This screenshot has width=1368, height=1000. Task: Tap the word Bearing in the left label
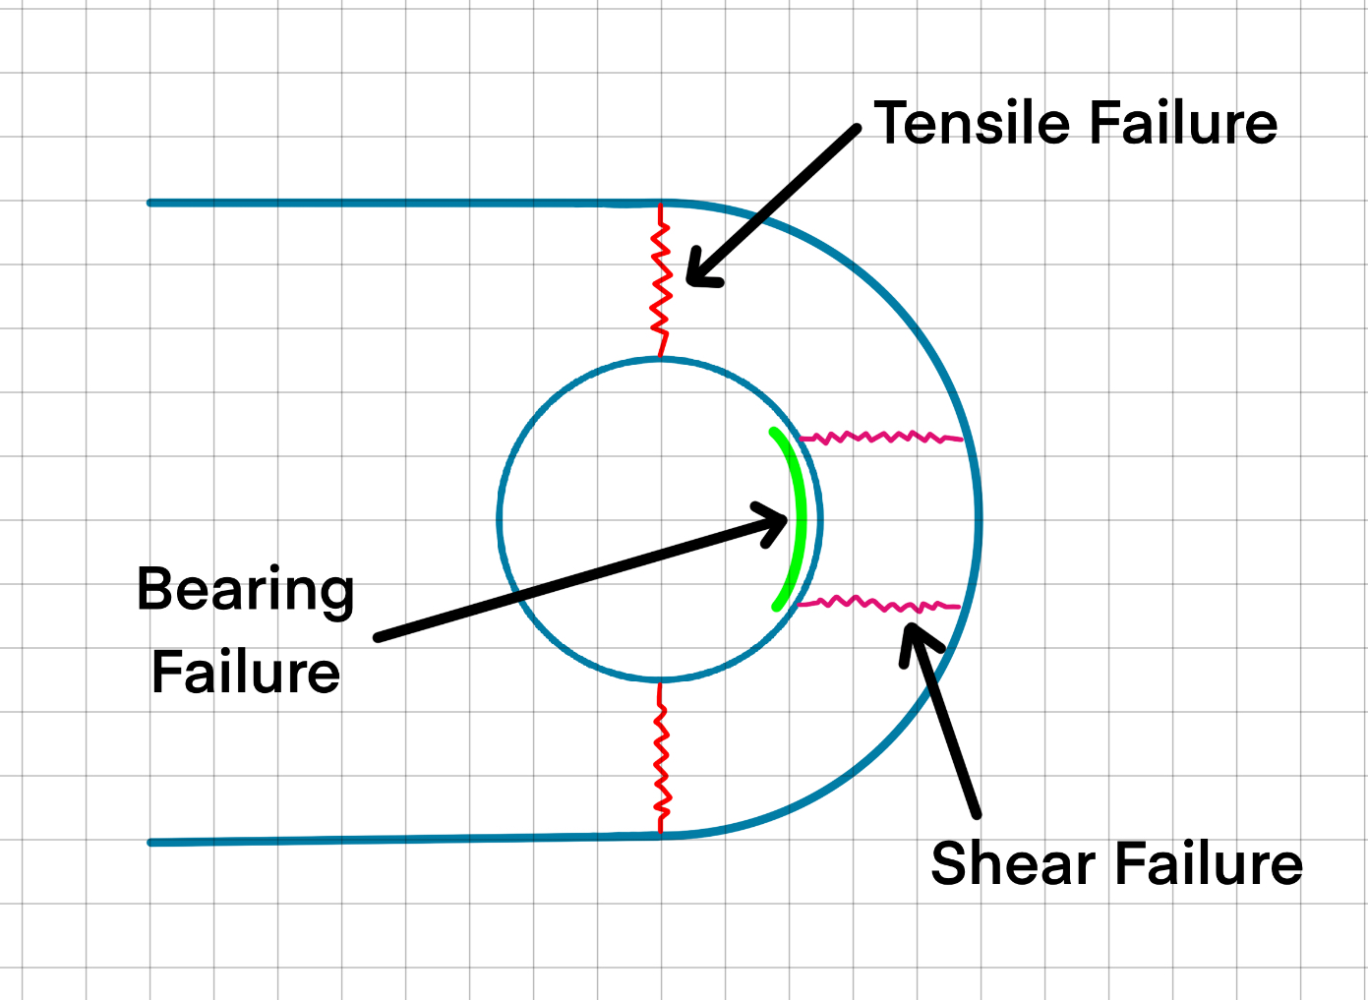pyautogui.click(x=245, y=590)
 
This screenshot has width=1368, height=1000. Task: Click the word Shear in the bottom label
pyautogui.click(x=1013, y=864)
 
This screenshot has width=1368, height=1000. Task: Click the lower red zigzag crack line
pyautogui.click(x=661, y=757)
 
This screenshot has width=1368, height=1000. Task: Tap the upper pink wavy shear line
pyautogui.click(x=880, y=436)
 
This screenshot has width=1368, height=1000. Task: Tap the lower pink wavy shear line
pyautogui.click(x=880, y=604)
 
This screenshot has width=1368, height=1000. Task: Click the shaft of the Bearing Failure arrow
pyautogui.click(x=570, y=580)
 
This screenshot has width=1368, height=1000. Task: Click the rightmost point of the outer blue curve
pyautogui.click(x=980, y=519)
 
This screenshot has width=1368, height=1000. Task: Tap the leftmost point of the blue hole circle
pyautogui.click(x=500, y=519)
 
